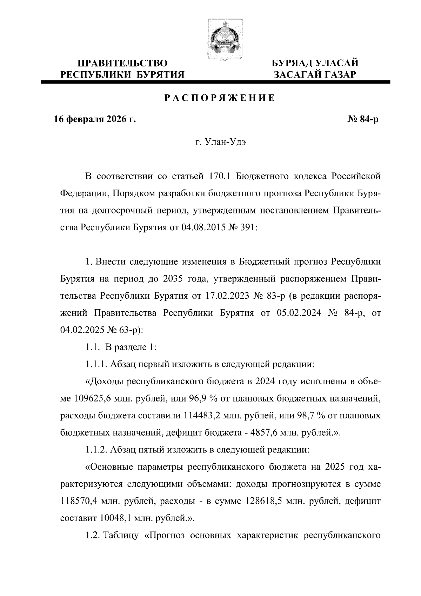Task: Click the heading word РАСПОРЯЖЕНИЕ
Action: [x=220, y=98]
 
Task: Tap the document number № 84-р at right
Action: [x=363, y=120]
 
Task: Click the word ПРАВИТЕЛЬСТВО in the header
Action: [x=122, y=63]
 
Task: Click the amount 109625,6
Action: [x=92, y=399]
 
